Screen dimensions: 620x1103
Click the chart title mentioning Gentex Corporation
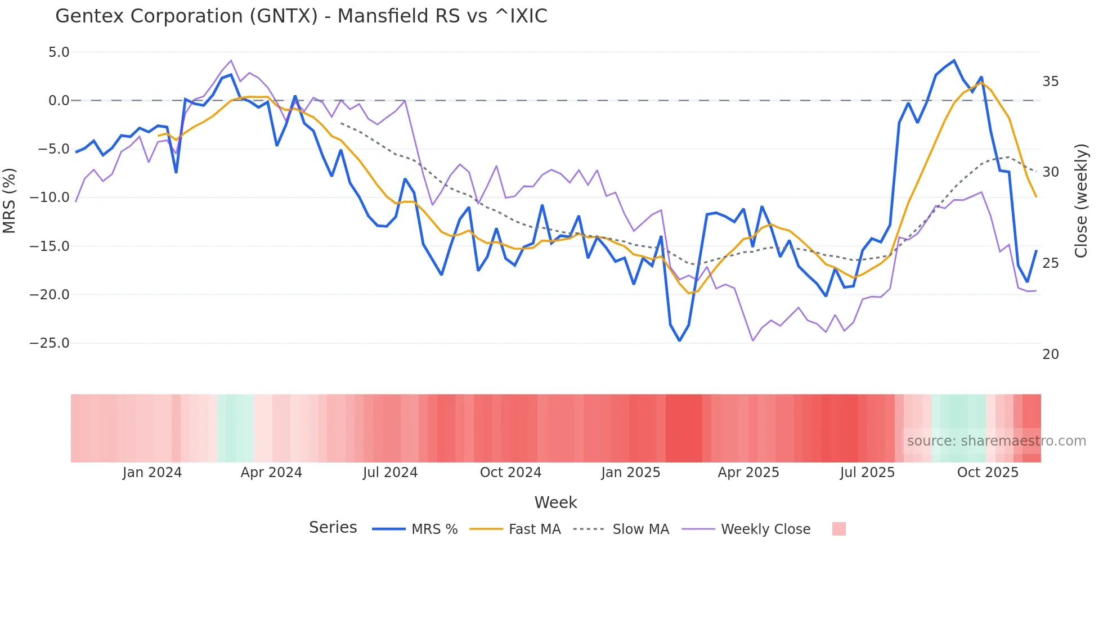click(x=301, y=16)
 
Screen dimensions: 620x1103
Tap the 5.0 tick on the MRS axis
click(x=59, y=52)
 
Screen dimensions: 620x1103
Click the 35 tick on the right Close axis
click(x=1050, y=82)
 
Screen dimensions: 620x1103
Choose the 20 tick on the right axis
click(x=1050, y=354)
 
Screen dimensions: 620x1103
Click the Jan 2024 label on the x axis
click(x=152, y=473)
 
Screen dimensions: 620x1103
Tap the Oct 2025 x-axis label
click(x=988, y=473)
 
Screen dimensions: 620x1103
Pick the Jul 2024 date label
click(x=390, y=473)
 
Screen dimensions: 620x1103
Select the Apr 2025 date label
click(x=748, y=473)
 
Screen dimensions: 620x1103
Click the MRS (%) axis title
click(x=9, y=200)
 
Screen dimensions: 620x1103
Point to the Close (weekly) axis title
click(x=1080, y=201)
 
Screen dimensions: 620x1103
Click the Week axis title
click(x=555, y=502)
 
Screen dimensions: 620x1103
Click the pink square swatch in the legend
click(x=839, y=529)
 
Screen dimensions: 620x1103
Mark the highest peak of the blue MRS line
click(x=954, y=60)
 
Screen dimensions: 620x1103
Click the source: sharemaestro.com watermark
click(x=996, y=441)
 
